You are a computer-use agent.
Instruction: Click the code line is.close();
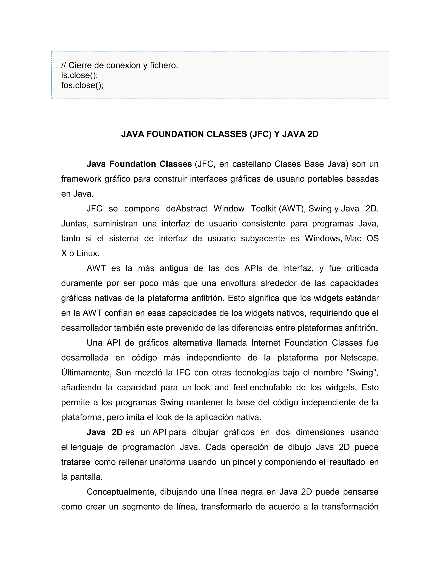click(x=79, y=75)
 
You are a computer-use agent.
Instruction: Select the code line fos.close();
click(x=82, y=85)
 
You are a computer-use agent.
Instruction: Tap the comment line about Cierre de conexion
click(x=119, y=65)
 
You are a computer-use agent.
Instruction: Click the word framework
click(x=81, y=179)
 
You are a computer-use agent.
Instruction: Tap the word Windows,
click(x=323, y=239)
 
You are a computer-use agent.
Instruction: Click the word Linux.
click(x=88, y=253)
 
